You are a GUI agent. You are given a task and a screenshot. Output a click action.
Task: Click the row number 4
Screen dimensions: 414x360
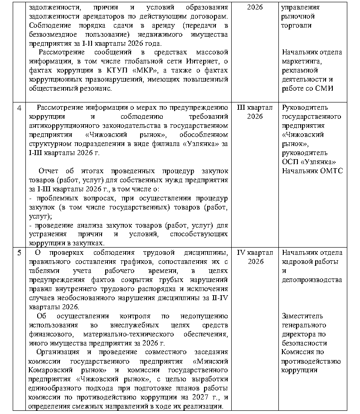point(19,107)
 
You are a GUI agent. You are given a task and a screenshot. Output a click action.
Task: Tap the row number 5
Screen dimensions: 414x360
point(19,253)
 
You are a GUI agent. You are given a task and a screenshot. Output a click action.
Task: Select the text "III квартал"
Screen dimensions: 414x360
point(255,107)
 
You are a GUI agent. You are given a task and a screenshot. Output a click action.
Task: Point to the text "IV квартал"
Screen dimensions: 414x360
point(255,253)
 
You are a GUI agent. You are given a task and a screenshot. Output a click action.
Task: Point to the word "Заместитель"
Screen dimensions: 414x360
point(301,316)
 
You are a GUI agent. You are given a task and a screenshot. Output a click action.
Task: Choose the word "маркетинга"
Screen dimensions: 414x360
point(302,61)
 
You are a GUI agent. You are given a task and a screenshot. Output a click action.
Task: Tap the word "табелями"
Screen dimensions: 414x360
point(43,271)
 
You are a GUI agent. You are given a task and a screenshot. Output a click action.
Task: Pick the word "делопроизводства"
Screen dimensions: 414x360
point(311,280)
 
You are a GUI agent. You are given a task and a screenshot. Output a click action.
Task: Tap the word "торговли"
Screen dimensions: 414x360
point(296,25)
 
